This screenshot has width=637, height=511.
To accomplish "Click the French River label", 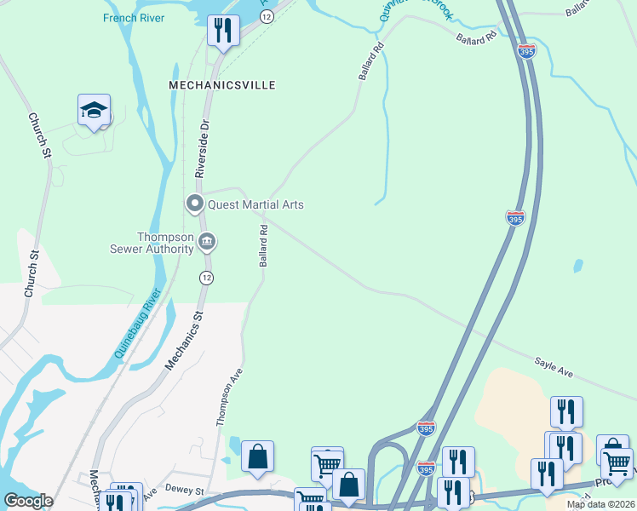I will pyautogui.click(x=134, y=17).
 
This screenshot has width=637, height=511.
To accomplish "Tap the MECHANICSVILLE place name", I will pyautogui.click(x=222, y=85).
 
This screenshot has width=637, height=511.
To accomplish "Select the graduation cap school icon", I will pyautogui.click(x=95, y=111).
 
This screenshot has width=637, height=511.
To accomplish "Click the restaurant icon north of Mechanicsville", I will pyautogui.click(x=223, y=32).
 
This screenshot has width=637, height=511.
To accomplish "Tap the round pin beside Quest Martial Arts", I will pyautogui.click(x=194, y=204).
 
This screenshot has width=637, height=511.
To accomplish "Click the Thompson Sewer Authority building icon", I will pyautogui.click(x=207, y=243).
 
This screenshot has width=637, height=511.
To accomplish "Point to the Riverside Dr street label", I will pyautogui.click(x=203, y=148).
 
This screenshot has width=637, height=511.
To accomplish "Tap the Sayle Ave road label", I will pyautogui.click(x=554, y=368).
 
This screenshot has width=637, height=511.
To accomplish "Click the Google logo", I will pyautogui.click(x=28, y=501).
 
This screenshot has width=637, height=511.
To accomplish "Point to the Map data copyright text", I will pyautogui.click(x=600, y=504).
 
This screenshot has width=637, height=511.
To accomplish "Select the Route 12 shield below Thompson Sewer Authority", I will pyautogui.click(x=206, y=278).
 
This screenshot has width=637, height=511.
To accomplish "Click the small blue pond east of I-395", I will pyautogui.click(x=579, y=266).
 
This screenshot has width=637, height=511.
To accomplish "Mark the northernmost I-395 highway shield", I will pyautogui.click(x=526, y=51).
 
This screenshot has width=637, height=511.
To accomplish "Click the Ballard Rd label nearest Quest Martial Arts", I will pyautogui.click(x=264, y=245).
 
